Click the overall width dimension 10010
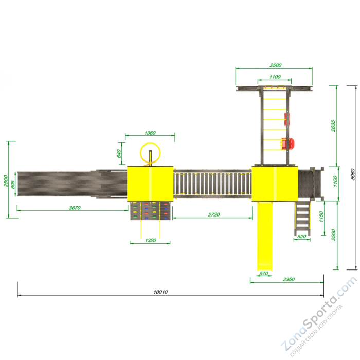pos(160,292)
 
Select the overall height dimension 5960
pos(353,174)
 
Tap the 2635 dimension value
pos(333,126)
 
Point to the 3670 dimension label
pos(75,208)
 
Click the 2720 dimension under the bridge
pos(214,214)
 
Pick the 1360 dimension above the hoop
pos(150,133)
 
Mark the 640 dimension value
pos(119,154)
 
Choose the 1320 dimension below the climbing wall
pos(151,240)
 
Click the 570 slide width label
pos(264,273)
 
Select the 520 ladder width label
pos(302,236)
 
